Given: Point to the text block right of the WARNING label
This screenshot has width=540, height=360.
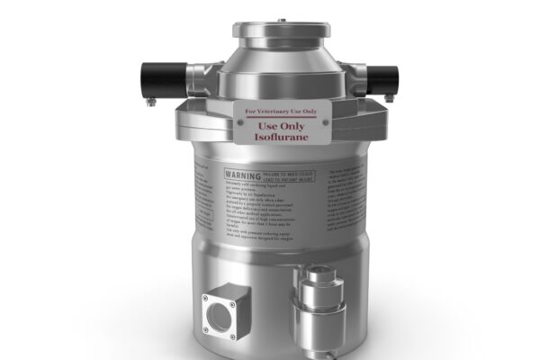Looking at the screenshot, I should click(x=343, y=203).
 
